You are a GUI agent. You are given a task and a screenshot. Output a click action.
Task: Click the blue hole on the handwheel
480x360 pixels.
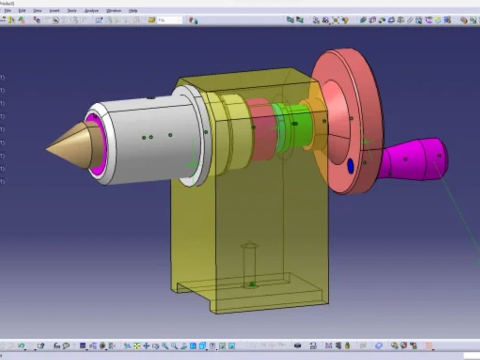click(350, 166)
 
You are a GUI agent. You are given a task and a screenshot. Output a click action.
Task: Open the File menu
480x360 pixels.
click(8, 11)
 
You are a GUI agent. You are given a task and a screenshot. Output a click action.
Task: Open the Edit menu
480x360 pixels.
click(22, 11)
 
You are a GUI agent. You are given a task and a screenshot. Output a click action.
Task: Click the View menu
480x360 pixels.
click(37, 11)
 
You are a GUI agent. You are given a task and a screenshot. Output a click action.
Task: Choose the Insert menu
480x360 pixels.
click(54, 11)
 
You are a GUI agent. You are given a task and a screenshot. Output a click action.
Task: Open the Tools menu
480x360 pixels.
click(72, 11)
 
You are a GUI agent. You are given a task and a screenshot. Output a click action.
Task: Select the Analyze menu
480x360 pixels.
click(91, 11)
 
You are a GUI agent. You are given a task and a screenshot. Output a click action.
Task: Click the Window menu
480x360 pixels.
click(113, 11)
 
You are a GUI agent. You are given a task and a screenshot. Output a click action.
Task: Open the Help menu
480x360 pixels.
click(133, 11)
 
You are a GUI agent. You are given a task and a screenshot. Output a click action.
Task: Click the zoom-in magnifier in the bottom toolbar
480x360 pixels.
click(165, 346)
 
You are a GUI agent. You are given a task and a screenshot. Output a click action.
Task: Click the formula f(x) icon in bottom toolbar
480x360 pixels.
click(57, 346)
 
